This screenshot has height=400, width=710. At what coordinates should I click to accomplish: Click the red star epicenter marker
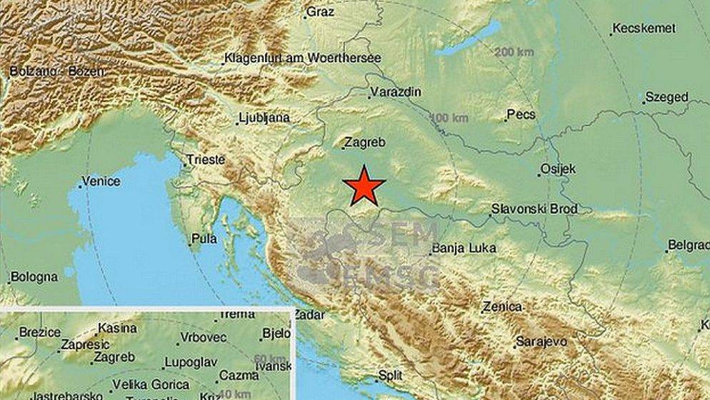click(364, 186)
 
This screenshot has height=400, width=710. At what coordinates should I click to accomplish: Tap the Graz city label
click(320, 11)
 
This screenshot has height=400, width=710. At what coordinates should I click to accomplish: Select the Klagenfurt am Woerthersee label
click(302, 58)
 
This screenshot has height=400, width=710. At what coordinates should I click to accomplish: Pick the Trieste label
click(205, 160)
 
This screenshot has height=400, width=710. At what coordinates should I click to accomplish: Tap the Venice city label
click(101, 181)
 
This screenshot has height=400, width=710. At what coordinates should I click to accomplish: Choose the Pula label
click(204, 240)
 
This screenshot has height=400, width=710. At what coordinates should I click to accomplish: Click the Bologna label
click(34, 276)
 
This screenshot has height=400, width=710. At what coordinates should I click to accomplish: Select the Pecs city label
click(521, 114)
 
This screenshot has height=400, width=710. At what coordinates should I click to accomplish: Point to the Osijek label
click(559, 170)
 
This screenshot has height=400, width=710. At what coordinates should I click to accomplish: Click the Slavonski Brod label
click(534, 209)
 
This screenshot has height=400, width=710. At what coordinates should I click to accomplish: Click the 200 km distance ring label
click(514, 52)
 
